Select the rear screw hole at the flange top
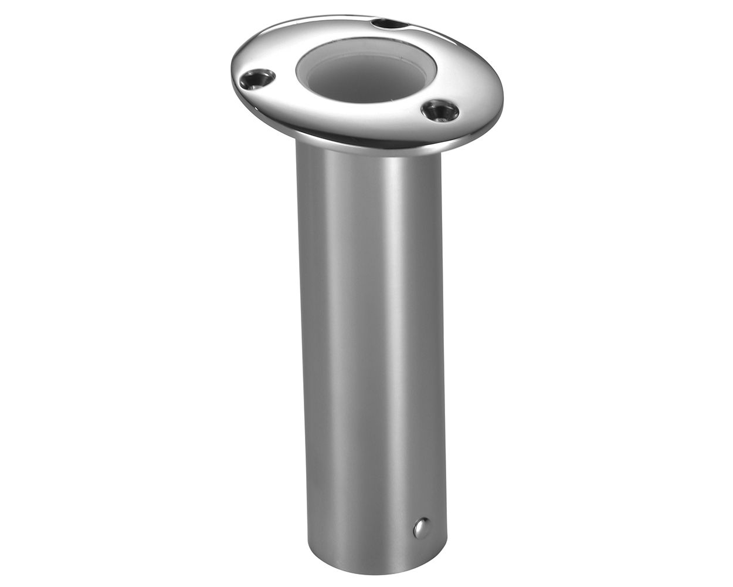pyautogui.click(x=385, y=25)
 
